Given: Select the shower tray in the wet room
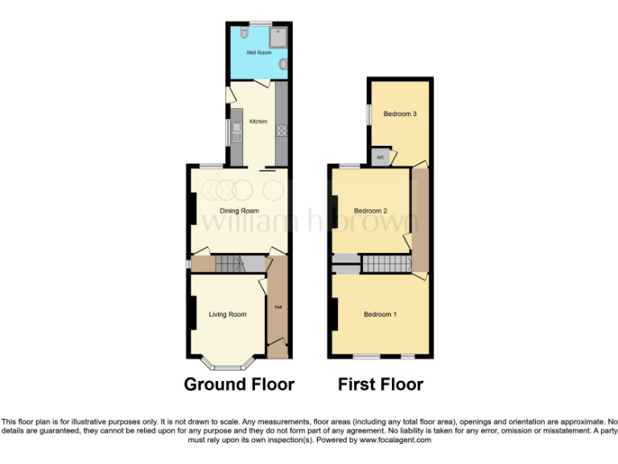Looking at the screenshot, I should coord(278,35).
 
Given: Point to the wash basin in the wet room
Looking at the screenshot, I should coord(283,64).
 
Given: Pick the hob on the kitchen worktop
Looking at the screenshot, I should coord(282,130).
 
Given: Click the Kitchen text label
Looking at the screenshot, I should coord(257,122).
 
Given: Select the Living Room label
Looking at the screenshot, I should coord(227,314).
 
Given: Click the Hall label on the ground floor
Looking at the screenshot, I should coord(278,307).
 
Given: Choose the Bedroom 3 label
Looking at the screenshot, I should coord(399,114).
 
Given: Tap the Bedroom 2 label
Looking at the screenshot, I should coord(371,211).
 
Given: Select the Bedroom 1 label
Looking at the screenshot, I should coord(380,314).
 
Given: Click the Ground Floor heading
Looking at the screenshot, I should coord(239,384).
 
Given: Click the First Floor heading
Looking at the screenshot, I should coord(381,384).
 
